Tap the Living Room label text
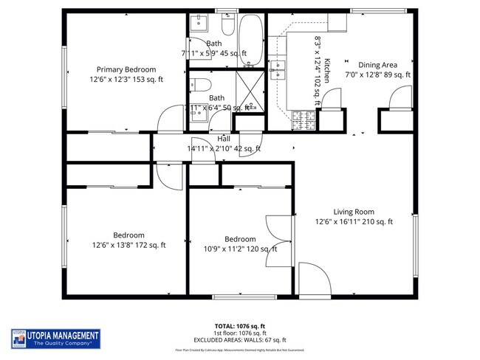(354, 211)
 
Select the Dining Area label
(377, 65)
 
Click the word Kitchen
(327, 70)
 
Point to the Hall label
(224, 139)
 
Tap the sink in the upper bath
(197, 24)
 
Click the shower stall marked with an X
(250, 91)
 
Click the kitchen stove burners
(303, 116)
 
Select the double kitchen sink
(278, 71)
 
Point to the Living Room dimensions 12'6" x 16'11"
(354, 221)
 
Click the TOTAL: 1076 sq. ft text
(240, 325)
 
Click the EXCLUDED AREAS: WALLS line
(240, 341)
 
